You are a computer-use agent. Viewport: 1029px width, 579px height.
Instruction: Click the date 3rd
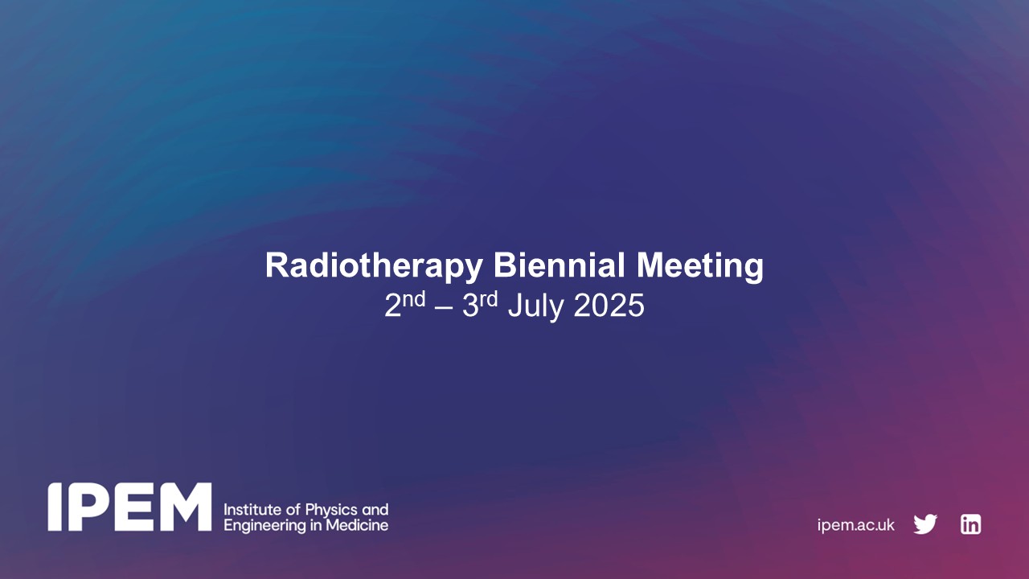[480, 306]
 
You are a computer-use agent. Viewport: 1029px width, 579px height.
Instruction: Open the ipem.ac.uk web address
[855, 525]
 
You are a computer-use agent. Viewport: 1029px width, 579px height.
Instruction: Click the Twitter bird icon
[925, 524]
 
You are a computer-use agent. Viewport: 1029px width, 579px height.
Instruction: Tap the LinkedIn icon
[970, 524]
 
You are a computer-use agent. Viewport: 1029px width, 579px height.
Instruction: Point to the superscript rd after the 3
[489, 300]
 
